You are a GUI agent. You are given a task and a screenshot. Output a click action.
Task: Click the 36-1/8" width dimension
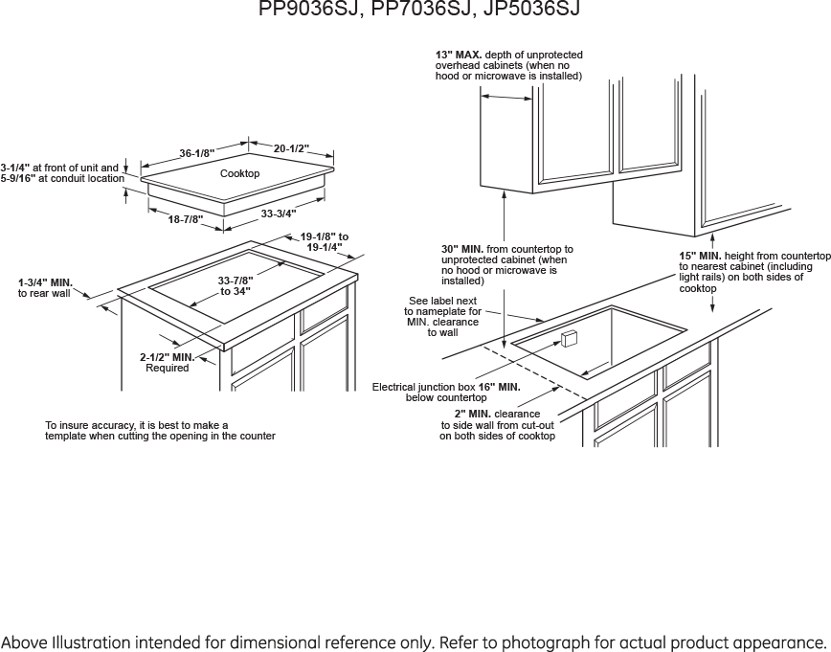pyautogui.click(x=197, y=153)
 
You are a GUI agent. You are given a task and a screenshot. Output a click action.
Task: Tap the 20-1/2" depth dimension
pyautogui.click(x=291, y=148)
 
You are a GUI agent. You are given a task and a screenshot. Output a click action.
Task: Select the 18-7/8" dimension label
pyautogui.click(x=185, y=219)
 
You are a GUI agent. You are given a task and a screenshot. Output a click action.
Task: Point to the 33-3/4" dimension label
pyautogui.click(x=279, y=213)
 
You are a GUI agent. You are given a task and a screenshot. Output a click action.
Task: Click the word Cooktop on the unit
pyautogui.click(x=239, y=173)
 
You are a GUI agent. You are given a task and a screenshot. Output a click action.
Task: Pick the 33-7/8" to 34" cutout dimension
pyautogui.click(x=235, y=285)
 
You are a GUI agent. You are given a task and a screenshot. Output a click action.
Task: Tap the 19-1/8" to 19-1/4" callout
pyautogui.click(x=325, y=241)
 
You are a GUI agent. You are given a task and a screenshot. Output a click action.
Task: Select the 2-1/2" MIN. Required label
pyautogui.click(x=168, y=362)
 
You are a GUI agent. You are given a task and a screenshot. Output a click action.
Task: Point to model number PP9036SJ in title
pyautogui.click(x=305, y=10)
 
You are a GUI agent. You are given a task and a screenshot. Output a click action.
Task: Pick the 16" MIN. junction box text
pyautogui.click(x=499, y=387)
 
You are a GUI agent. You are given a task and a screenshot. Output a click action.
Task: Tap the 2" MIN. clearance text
pyautogui.click(x=472, y=414)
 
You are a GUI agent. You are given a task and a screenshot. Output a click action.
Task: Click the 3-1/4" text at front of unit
pyautogui.click(x=14, y=168)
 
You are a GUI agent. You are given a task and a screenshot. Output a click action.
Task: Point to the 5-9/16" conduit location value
pyautogui.click(x=17, y=178)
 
